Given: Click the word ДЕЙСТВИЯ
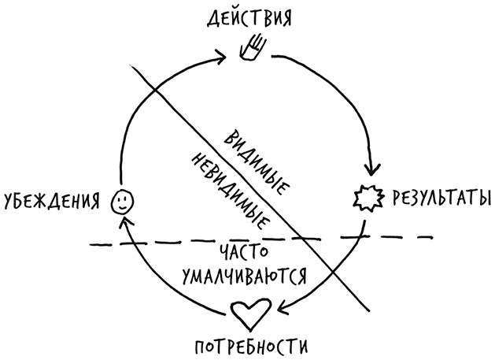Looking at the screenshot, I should (x=248, y=17).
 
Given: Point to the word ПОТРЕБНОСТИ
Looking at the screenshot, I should (x=247, y=345).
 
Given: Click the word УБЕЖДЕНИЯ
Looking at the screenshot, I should (x=53, y=202).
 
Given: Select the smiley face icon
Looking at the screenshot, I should (x=122, y=202).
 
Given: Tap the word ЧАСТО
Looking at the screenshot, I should (x=245, y=253).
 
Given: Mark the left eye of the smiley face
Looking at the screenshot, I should (x=118, y=199).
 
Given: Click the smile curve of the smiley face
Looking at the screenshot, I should (x=122, y=206).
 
